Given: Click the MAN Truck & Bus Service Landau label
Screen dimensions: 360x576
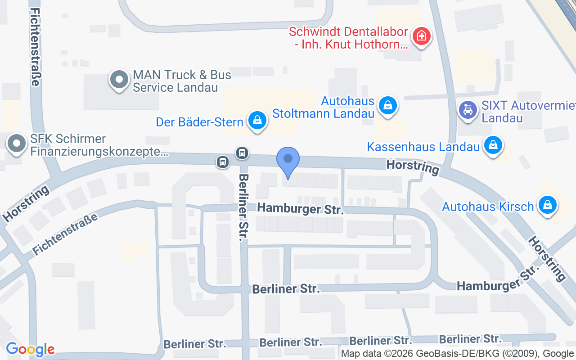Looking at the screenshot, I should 182,81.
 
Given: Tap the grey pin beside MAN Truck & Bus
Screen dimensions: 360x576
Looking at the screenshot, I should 119,80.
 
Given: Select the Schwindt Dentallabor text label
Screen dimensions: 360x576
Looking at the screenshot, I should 349,38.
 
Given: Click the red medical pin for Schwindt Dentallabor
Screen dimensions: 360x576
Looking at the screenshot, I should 422,35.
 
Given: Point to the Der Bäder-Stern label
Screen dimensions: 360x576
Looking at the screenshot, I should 199,122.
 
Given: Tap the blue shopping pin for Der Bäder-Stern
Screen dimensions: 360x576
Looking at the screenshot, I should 257,120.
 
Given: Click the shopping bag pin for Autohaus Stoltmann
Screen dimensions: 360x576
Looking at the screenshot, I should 387,105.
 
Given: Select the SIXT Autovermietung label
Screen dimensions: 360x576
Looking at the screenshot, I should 528,112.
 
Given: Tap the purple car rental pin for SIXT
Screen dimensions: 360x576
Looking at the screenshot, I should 468,109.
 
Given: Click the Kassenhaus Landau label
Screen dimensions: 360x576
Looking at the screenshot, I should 423,147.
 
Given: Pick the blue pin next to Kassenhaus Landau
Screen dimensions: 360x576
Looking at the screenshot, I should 493,145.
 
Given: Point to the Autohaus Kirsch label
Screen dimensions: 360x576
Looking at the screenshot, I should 488,207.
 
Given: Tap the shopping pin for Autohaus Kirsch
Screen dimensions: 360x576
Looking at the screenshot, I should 547,205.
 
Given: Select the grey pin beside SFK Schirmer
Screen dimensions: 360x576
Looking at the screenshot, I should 18,144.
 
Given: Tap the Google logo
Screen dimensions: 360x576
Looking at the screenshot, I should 30,349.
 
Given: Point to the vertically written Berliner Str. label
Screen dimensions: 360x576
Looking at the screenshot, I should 243,207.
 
